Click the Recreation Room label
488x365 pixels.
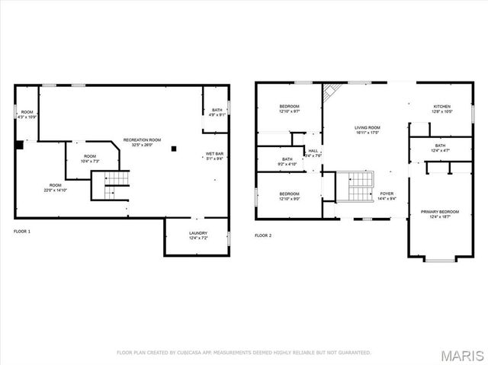pyautogui.click(x=143, y=142)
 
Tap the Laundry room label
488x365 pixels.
pyautogui.click(x=197, y=235)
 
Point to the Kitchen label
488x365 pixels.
pyautogui.click(x=442, y=109)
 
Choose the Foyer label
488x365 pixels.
pyautogui.click(x=387, y=197)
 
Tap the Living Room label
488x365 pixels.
pyautogui.click(x=367, y=130)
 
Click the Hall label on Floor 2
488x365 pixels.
pyautogui.click(x=313, y=153)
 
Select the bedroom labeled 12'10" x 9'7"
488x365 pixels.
pyautogui.click(x=289, y=109)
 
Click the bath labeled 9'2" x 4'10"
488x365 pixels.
pyautogui.click(x=271, y=162)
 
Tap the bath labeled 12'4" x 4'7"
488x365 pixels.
pyautogui.click(x=440, y=148)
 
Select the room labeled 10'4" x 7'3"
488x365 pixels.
pyautogui.click(x=90, y=158)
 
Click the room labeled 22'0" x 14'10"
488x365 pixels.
pyautogui.click(x=56, y=187)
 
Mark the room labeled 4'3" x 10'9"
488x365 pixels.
pyautogui.click(x=27, y=114)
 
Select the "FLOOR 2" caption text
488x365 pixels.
pyautogui.click(x=263, y=235)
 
